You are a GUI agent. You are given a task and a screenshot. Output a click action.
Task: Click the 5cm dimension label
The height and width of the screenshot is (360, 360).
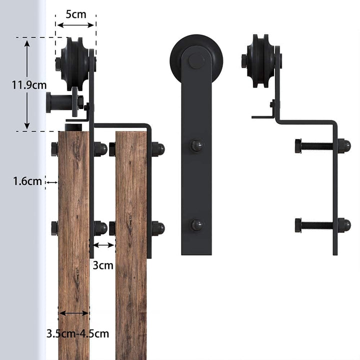point(76,14)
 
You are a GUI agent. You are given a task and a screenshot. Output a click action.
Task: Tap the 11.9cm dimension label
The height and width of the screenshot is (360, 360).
point(29,85)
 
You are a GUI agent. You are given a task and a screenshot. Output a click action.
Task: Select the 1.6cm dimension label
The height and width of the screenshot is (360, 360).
point(27,181)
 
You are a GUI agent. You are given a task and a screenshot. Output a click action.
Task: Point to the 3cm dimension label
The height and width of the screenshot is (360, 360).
point(103,265)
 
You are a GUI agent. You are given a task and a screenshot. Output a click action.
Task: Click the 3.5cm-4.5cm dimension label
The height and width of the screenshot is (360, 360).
point(77,333)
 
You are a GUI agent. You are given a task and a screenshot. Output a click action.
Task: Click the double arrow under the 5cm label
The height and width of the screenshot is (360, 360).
point(75,25)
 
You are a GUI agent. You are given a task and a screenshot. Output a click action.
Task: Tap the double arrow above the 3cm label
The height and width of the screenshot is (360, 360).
point(103,245)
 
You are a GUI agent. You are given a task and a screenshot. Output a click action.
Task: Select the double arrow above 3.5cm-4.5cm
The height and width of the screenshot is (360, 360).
point(73,313)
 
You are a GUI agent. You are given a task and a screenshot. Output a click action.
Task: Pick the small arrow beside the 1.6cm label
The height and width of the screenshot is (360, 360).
point(52,182)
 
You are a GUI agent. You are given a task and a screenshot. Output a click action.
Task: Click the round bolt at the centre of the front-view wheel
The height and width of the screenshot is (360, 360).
point(196,60)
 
